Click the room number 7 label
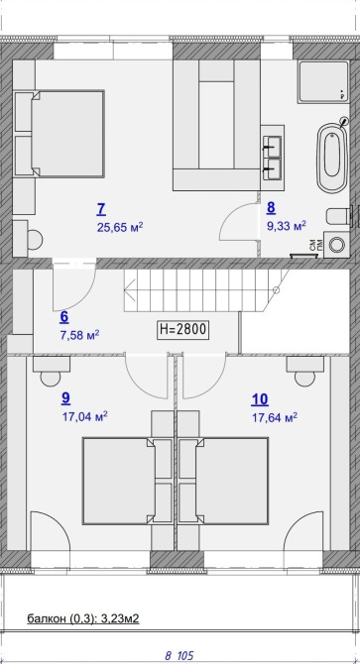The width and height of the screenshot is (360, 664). (x=101, y=209)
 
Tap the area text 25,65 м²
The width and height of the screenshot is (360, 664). (x=119, y=228)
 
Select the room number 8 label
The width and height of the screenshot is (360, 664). (x=271, y=207)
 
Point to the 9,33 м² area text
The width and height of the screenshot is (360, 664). (x=286, y=226)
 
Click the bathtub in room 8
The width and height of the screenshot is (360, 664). (x=332, y=158)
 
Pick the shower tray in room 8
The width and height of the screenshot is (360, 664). (x=323, y=81)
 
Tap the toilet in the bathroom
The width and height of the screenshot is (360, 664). (x=338, y=217)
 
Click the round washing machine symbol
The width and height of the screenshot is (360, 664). (x=337, y=245)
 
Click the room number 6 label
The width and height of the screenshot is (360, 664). (x=64, y=317)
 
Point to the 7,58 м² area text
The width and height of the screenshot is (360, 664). (x=80, y=336)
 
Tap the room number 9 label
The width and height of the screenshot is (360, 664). (x=65, y=397)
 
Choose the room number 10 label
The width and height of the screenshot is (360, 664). (x=260, y=399)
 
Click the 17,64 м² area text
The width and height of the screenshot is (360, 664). (x=275, y=418)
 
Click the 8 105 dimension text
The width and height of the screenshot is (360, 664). (x=179, y=656)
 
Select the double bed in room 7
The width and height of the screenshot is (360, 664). (x=60, y=133)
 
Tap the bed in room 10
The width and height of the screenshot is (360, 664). (x=223, y=482)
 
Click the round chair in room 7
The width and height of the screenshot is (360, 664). (x=35, y=240)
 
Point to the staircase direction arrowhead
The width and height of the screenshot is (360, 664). (x=128, y=290)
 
